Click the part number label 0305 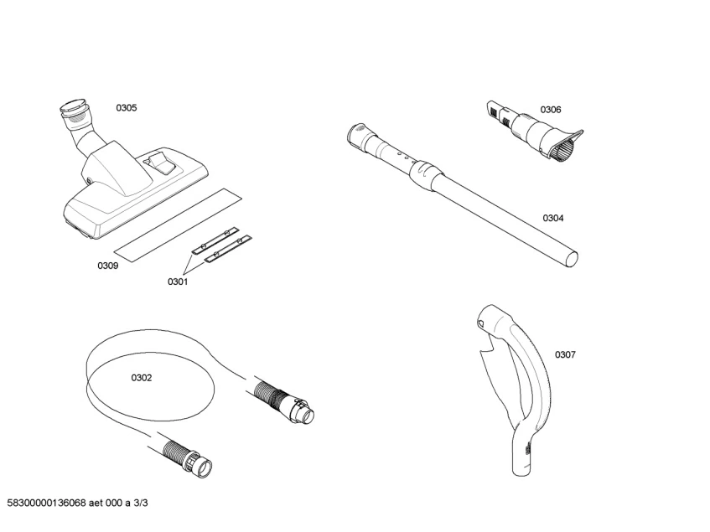pyautogui.click(x=127, y=108)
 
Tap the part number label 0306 pyautogui.click(x=551, y=110)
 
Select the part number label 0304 pyautogui.click(x=552, y=218)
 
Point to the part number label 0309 pyautogui.click(x=107, y=266)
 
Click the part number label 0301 pyautogui.click(x=177, y=281)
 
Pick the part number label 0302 pyautogui.click(x=141, y=378)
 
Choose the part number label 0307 pyautogui.click(x=565, y=354)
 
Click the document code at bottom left pyautogui.click(x=76, y=503)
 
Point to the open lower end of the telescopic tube pyautogui.click(x=572, y=256)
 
